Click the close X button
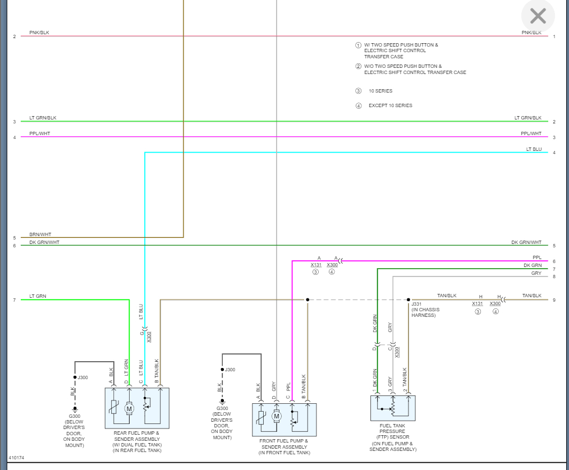pyautogui.click(x=538, y=16)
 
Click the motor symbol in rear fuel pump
pyautogui.click(x=129, y=408)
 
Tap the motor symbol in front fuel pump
pyautogui.click(x=277, y=416)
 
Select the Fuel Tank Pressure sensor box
pyautogui.click(x=392, y=408)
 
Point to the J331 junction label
pyautogui.click(x=416, y=304)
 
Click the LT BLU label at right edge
pyautogui.click(x=534, y=149)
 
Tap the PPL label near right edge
pyautogui.click(x=536, y=258)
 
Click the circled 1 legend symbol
pyautogui.click(x=358, y=45)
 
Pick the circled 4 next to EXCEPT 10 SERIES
pyautogui.click(x=358, y=105)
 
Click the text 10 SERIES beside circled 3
pyautogui.click(x=380, y=91)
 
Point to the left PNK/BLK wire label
pyautogui.click(x=39, y=33)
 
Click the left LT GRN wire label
pyautogui.click(x=38, y=296)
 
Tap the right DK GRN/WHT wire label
pyautogui.click(x=526, y=242)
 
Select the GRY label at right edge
pyautogui.click(x=536, y=273)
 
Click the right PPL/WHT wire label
pyautogui.click(x=531, y=133)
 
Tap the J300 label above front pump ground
pyautogui.click(x=230, y=370)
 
